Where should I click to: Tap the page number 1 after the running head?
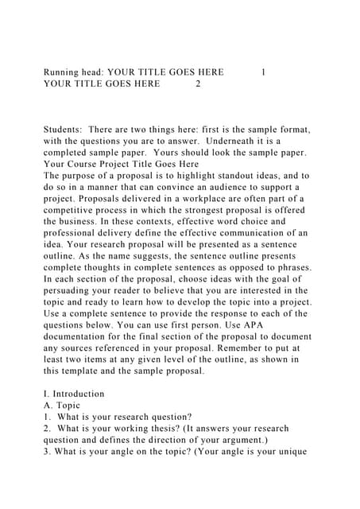coord(263,72)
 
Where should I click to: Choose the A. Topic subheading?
coord(62,406)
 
